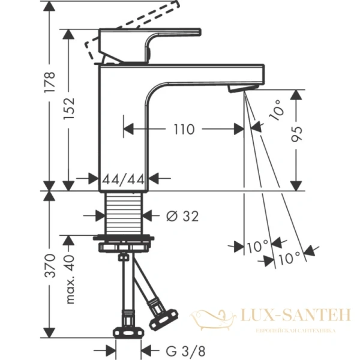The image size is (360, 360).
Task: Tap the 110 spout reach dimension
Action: (184, 128)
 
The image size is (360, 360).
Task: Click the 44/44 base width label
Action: (122, 179)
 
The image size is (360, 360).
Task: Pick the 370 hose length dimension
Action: (50, 265)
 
